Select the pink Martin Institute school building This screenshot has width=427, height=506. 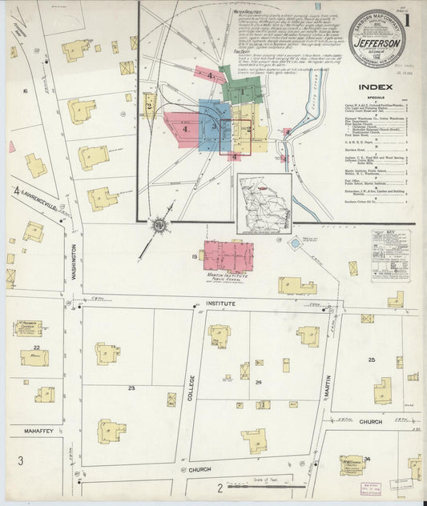point(228,258)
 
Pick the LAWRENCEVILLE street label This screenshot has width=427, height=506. point(38,208)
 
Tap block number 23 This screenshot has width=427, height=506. point(131,388)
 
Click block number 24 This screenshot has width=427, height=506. point(259,382)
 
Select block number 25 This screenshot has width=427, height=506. point(372,359)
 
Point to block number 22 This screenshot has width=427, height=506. point(37,347)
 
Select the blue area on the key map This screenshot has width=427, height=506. point(210,120)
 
